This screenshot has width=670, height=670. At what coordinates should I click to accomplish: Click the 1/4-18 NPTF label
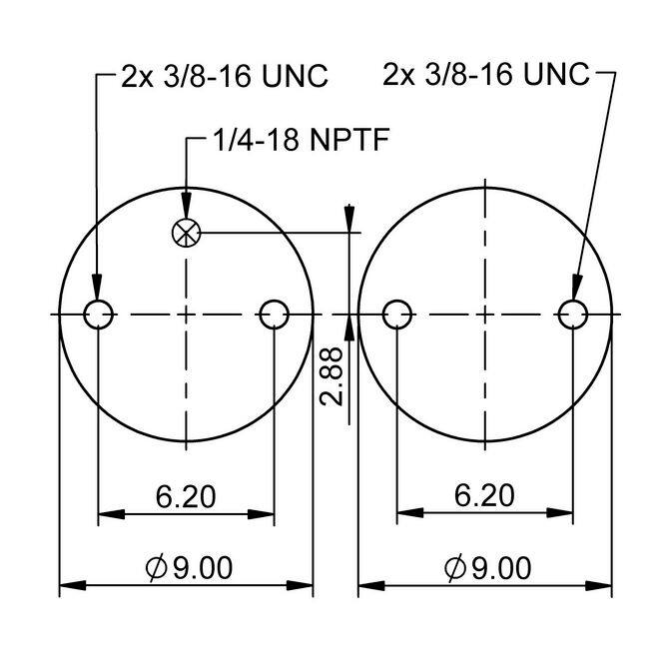[302, 140]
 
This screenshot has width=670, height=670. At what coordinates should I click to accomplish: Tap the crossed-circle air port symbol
[186, 234]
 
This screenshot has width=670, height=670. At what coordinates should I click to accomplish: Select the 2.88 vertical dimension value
[332, 376]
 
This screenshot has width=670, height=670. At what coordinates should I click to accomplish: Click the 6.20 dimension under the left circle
[186, 497]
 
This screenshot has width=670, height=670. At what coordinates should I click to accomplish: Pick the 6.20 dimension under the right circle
[484, 495]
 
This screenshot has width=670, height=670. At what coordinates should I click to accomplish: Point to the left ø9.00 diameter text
[189, 568]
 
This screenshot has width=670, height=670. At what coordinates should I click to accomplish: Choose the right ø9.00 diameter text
[488, 568]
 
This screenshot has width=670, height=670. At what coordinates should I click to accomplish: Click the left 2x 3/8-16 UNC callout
[225, 76]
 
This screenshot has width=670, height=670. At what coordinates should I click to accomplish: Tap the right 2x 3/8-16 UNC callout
[486, 74]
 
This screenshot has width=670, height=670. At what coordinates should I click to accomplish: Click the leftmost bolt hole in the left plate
[99, 315]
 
